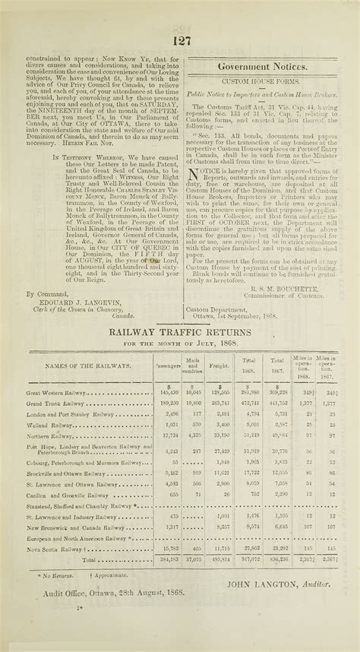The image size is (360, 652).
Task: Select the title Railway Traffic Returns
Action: click(179, 331)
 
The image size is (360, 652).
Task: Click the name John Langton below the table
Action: click(284, 584)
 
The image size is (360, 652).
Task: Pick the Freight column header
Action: click(220, 367)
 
